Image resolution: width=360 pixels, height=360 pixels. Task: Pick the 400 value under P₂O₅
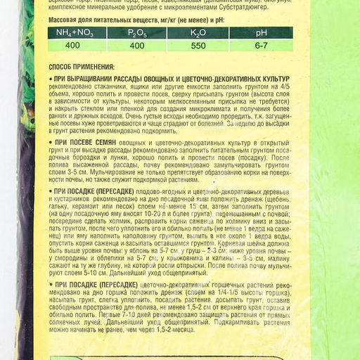pyautogui.click(x=137, y=44)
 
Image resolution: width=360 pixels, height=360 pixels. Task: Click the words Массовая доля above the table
pyautogui.click(x=67, y=20)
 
